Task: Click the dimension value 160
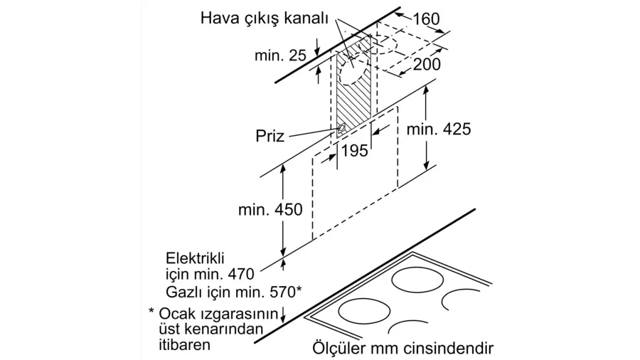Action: pyautogui.click(x=426, y=18)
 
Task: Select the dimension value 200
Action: pyautogui.click(x=427, y=64)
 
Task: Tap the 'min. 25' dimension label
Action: pyautogui.click(x=280, y=55)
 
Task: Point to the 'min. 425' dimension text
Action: pyautogui.click(x=439, y=129)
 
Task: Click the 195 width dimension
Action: pyautogui.click(x=354, y=151)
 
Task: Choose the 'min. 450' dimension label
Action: pyautogui.click(x=270, y=209)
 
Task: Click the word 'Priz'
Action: pyautogui.click(x=270, y=135)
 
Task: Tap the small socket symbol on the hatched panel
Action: pyautogui.click(x=341, y=129)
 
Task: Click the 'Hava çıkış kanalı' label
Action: pyautogui.click(x=264, y=18)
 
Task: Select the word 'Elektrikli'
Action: pyautogui.click(x=195, y=258)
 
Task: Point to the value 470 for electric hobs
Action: pyautogui.click(x=241, y=274)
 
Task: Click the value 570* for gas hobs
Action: pyautogui.click(x=286, y=292)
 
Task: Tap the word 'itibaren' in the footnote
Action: pyautogui.click(x=184, y=344)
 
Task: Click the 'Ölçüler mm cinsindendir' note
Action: pyautogui.click(x=403, y=348)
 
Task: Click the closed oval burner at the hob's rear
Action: pyautogui.click(x=417, y=280)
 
